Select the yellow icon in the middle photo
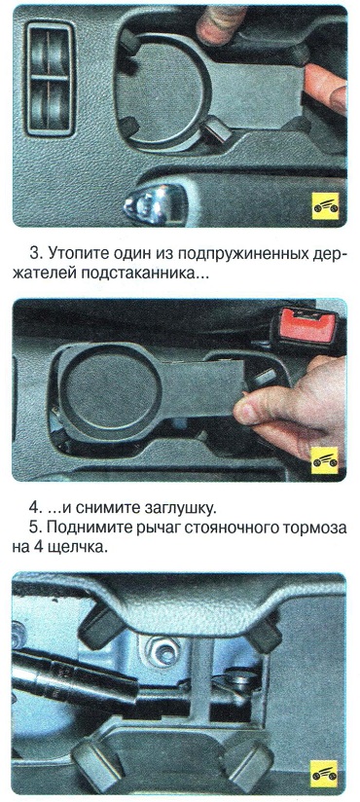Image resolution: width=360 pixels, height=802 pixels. click(325, 459)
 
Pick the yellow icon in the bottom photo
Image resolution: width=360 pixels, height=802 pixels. click(325, 774)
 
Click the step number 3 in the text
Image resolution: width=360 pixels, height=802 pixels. click(34, 254)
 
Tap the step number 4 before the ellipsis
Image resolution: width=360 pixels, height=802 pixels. click(34, 509)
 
